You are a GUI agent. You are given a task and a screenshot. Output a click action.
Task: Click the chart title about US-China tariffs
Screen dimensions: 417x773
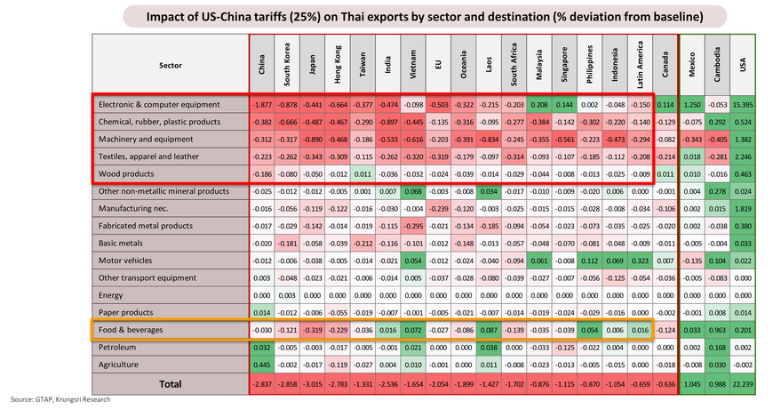425,17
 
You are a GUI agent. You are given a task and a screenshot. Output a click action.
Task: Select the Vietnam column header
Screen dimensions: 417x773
412,64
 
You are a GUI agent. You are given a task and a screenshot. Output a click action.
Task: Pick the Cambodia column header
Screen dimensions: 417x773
717,64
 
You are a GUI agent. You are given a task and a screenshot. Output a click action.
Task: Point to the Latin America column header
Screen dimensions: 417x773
640,64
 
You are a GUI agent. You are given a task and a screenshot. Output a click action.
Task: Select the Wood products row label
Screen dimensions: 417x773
125,172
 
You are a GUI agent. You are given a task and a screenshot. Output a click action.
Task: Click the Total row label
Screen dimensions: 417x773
168,384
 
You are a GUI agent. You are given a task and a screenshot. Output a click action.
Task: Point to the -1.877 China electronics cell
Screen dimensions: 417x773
261,104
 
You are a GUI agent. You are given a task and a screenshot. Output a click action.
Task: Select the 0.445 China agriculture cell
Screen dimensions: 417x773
261,365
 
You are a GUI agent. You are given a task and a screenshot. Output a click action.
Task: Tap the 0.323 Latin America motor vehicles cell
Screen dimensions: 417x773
640,261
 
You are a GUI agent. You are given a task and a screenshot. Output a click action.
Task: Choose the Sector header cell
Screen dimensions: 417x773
168,64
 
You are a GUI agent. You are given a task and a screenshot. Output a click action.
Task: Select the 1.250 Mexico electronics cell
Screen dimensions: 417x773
692,104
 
